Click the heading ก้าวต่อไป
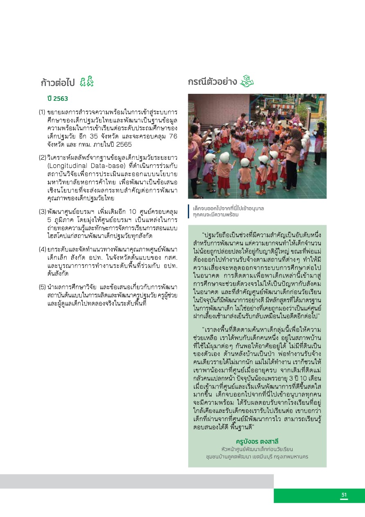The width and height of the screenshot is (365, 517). (x=57, y=82)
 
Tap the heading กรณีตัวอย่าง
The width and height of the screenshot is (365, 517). (x=212, y=82)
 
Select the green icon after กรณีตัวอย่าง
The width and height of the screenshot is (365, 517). (x=247, y=81)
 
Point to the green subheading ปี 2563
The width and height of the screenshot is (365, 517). (x=57, y=99)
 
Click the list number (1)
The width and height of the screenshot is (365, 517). (x=42, y=112)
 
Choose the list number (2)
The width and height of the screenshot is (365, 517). (x=42, y=158)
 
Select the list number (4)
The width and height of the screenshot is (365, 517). (x=42, y=249)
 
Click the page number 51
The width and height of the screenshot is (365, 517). (x=344, y=495)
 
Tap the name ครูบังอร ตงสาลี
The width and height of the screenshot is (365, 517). (x=257, y=441)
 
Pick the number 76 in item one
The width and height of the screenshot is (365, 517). (x=173, y=137)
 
